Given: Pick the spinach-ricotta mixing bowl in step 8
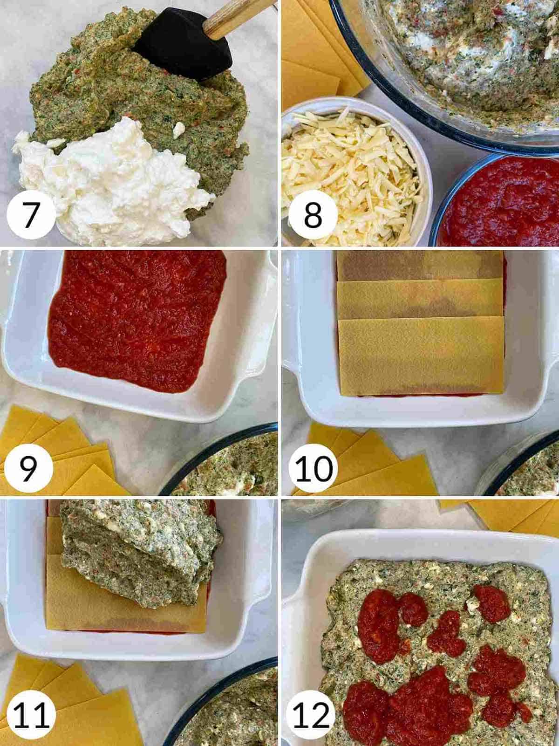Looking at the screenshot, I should [466, 61].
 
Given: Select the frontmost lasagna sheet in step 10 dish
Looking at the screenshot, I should [422, 356].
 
